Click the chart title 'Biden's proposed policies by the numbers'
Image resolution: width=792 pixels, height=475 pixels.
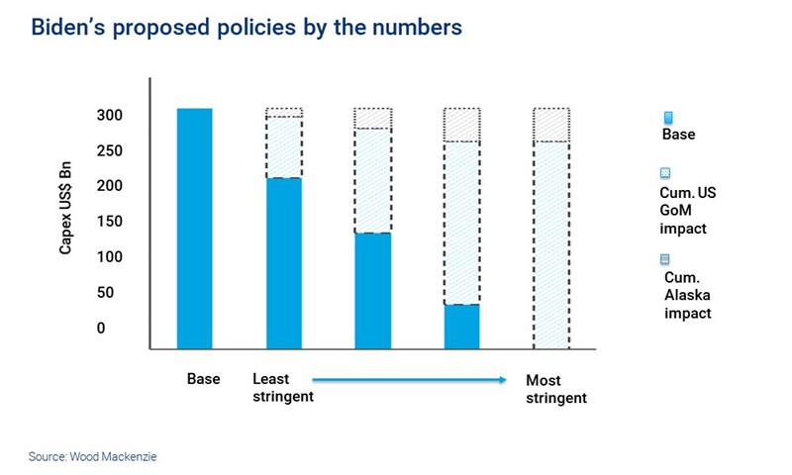[x=247, y=28]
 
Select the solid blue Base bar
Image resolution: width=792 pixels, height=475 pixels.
[x=194, y=228]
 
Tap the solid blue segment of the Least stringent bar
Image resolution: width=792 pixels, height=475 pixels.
[x=284, y=263]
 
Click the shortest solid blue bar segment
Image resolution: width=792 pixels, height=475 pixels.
[x=461, y=327]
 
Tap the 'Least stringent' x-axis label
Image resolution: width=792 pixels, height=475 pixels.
[x=282, y=388]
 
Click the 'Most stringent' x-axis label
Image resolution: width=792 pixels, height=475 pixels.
[x=555, y=389]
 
